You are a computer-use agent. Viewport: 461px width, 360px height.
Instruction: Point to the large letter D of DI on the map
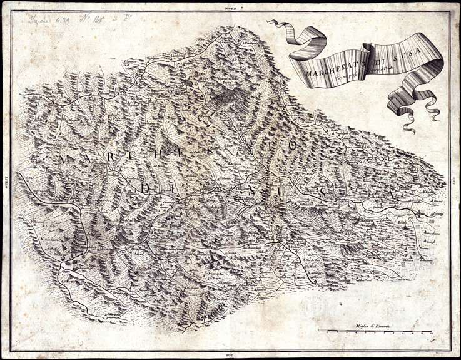(x=145, y=188)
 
